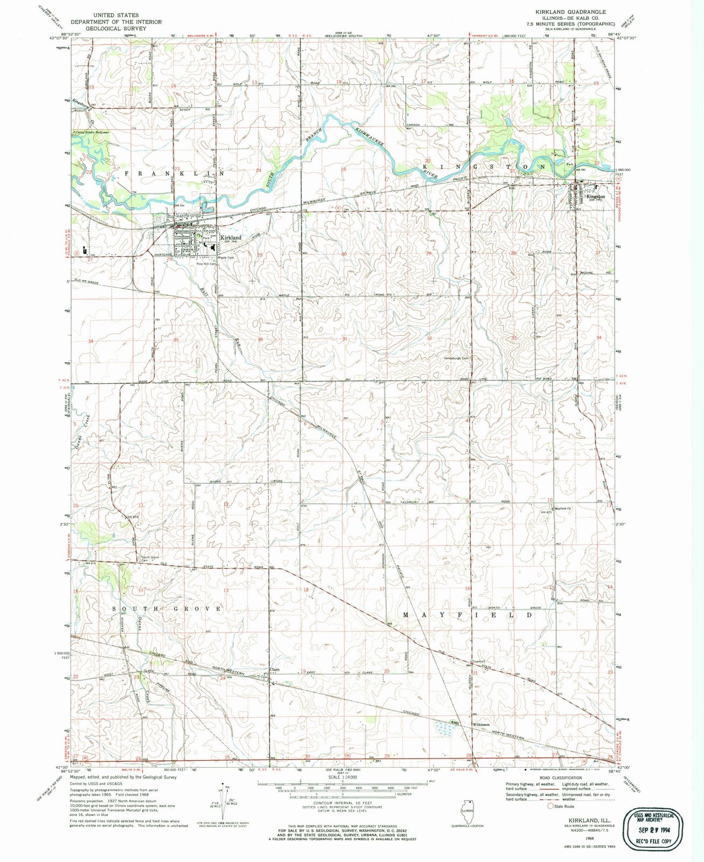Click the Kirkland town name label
point(231,237)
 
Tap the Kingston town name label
point(596,197)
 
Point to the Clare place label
point(275,671)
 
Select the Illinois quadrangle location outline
point(466,810)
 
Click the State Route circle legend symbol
point(550,807)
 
